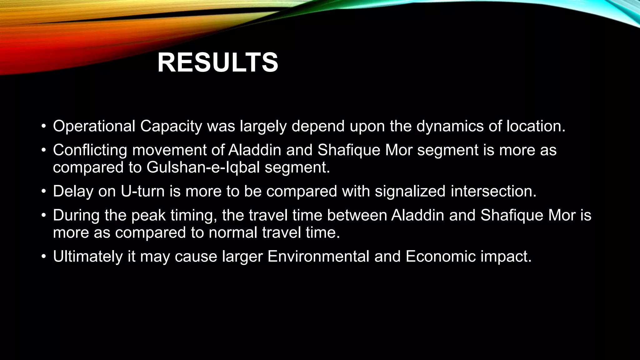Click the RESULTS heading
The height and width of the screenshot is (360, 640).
pyautogui.click(x=218, y=63)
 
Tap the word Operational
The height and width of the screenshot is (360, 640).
pyautogui.click(x=94, y=126)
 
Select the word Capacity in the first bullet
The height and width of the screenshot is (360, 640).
pyautogui.click(x=171, y=126)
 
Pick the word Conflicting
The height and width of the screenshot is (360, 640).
pyautogui.click(x=90, y=150)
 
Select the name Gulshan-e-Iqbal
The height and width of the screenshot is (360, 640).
pyautogui.click(x=203, y=167)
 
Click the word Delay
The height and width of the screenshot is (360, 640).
pyautogui.click(x=73, y=191)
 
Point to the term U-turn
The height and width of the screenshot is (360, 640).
pyautogui.click(x=142, y=191)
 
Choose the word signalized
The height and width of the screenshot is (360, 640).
pyautogui.click(x=410, y=191)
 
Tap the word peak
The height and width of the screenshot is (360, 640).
pyautogui.click(x=148, y=215)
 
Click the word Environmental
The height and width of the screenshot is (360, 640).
pyautogui.click(x=318, y=257)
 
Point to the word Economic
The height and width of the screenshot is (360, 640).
pyautogui.click(x=440, y=257)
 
